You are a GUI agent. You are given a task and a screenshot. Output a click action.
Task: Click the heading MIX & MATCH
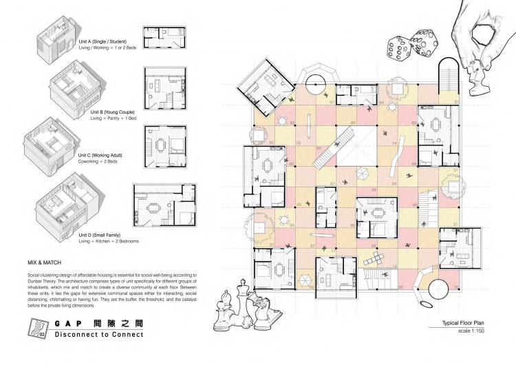(45, 262)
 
